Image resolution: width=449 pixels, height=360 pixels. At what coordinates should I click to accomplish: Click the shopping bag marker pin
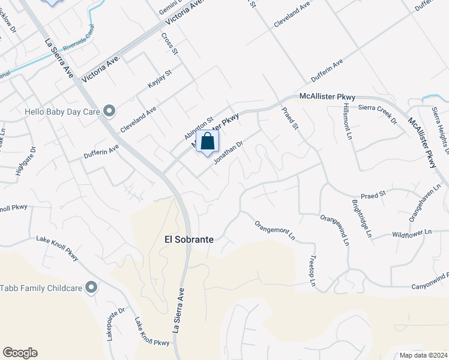pos(208,142)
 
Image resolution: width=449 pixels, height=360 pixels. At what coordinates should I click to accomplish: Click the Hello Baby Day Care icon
pos(109,110)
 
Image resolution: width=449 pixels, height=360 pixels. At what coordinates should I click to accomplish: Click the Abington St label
pos(199,127)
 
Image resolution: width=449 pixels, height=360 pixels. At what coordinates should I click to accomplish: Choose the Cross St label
pos(170,43)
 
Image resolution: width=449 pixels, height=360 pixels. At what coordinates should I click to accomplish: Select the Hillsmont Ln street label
pos(348,121)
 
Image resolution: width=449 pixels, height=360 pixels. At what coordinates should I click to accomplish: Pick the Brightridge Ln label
pos(362,218)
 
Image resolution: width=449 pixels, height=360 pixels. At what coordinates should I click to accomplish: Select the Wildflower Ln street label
pos(411,233)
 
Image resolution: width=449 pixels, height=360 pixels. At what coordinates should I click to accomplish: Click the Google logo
pos(20,353)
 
